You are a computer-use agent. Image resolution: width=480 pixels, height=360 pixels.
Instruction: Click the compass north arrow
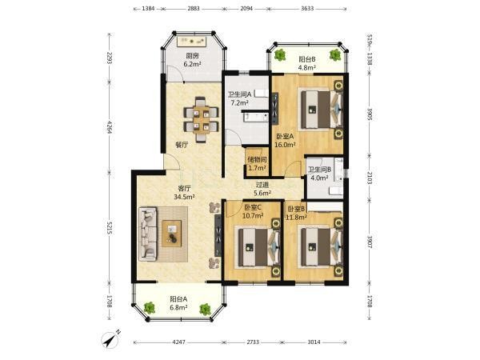(x=112, y=339)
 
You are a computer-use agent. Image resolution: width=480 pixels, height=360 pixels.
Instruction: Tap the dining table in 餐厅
(x=201, y=120)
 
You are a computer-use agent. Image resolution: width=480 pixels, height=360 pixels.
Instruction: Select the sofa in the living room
(x=148, y=234)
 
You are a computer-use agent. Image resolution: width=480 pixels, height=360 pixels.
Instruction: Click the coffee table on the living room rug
(x=172, y=234)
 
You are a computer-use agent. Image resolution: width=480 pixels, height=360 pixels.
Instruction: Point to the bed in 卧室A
(x=321, y=110)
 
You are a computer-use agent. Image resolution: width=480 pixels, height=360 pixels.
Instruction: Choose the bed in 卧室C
(x=258, y=247)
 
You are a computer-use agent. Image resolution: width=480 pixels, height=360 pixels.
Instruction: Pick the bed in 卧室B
(x=322, y=247)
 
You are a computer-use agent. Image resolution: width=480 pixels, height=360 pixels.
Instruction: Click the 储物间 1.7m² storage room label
(x=257, y=163)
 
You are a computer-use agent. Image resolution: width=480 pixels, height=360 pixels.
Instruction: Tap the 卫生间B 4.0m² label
(x=319, y=174)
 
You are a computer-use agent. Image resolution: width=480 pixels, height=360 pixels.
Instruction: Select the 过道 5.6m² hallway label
(x=262, y=189)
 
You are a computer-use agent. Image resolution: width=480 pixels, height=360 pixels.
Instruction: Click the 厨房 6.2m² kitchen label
(x=192, y=60)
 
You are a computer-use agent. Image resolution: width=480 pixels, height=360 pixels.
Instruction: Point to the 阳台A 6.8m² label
(x=178, y=303)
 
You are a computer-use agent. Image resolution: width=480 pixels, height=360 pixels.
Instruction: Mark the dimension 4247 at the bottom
(x=178, y=342)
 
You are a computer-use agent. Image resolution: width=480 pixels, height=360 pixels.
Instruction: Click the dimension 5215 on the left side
(x=110, y=229)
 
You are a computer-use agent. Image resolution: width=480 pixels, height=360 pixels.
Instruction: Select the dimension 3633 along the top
(x=307, y=9)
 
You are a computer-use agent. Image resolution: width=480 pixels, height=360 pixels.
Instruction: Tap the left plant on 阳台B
(x=280, y=54)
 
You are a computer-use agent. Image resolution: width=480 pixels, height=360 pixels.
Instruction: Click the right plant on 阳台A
(x=205, y=309)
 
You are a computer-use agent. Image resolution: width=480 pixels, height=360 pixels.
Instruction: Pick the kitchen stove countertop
(x=192, y=41)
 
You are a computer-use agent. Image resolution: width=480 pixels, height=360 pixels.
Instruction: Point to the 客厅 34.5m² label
(x=184, y=193)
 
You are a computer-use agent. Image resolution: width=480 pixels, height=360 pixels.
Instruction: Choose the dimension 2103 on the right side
(x=370, y=178)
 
